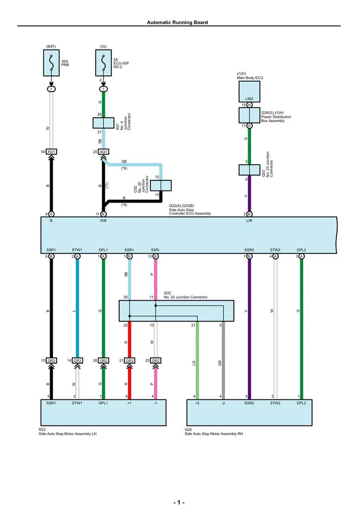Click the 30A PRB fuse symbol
(x=51, y=63)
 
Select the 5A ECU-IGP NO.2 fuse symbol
(x=103, y=63)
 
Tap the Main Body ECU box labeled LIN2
(x=249, y=92)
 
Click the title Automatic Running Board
(x=177, y=22)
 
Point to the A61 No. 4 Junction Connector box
(x=103, y=123)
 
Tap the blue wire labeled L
(x=77, y=308)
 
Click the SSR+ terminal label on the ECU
(x=129, y=250)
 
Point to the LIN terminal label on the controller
(x=249, y=221)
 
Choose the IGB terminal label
(x=103, y=221)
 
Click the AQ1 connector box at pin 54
(x=51, y=152)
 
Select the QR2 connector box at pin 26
(x=103, y=361)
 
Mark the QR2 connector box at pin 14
(x=77, y=361)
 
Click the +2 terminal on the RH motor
(x=197, y=403)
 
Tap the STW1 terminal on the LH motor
(x=77, y=403)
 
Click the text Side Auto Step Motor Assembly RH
(x=214, y=434)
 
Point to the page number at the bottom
(x=179, y=502)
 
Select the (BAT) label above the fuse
(x=51, y=47)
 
